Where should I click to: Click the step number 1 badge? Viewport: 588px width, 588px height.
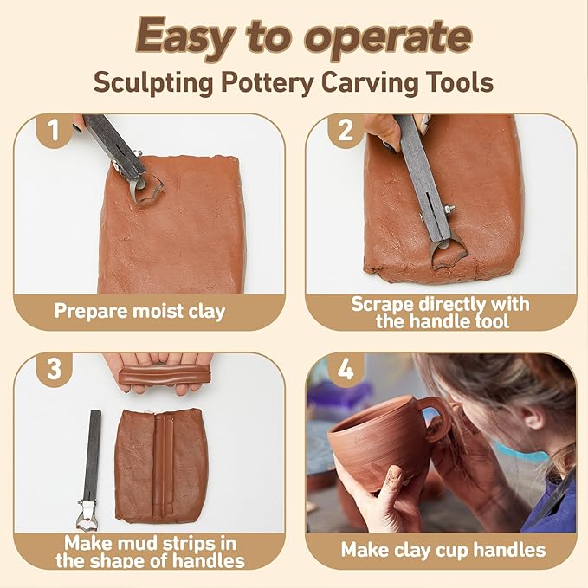pyautogui.click(x=55, y=132)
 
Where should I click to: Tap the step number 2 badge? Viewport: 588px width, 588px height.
pyautogui.click(x=346, y=132)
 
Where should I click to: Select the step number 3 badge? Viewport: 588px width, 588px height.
pyautogui.click(x=55, y=369)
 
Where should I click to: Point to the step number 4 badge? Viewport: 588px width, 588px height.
pyautogui.click(x=346, y=370)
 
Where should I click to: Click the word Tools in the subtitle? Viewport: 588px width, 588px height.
pyautogui.click(x=462, y=83)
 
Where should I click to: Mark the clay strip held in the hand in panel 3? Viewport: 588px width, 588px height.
pyautogui.click(x=165, y=375)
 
